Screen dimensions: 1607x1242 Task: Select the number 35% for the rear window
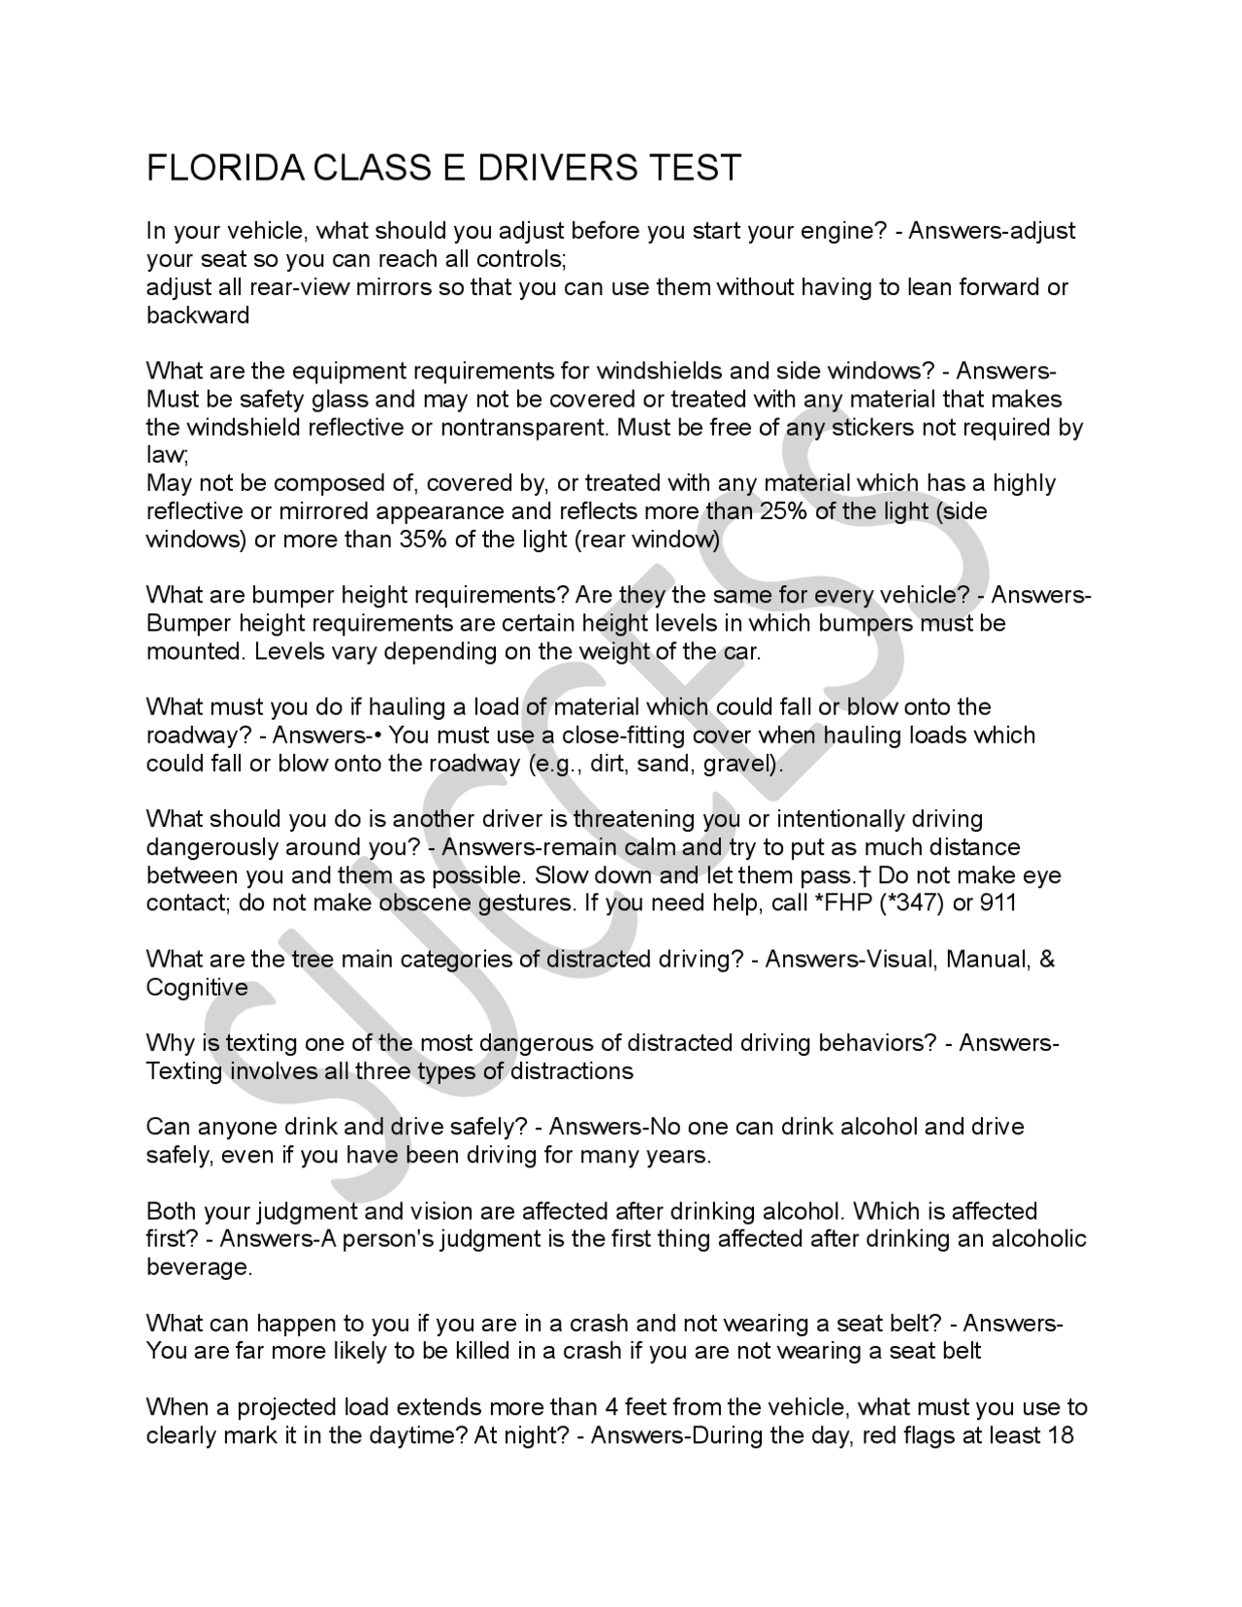click(423, 540)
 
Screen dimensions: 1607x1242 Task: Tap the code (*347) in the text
click(909, 903)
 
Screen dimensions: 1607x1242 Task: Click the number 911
click(997, 903)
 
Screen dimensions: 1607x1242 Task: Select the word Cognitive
click(197, 988)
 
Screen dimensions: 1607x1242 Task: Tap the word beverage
click(199, 1267)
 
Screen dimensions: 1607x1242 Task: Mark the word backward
click(198, 315)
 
